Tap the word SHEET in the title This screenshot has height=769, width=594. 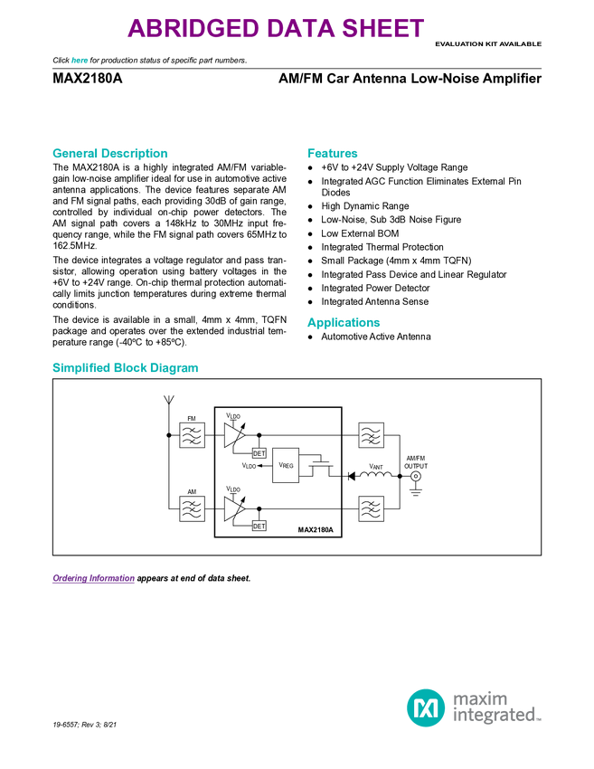click(x=381, y=29)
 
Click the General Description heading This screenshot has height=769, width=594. click(x=109, y=154)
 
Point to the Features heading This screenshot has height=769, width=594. click(x=333, y=154)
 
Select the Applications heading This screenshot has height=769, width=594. click(x=344, y=323)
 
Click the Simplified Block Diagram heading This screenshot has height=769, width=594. click(x=125, y=368)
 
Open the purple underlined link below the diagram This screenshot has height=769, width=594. click(x=93, y=579)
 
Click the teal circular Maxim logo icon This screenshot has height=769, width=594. click(x=425, y=707)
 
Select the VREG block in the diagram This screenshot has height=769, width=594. click(x=286, y=465)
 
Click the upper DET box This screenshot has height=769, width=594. click(x=259, y=453)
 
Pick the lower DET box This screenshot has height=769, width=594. click(x=259, y=526)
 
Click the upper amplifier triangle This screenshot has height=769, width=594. click(x=233, y=435)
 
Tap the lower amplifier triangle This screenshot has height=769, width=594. click(x=233, y=508)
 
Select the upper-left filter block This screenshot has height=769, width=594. click(x=192, y=435)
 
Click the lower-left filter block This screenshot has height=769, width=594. click(x=192, y=508)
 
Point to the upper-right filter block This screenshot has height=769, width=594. click(x=371, y=435)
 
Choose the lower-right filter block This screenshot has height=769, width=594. click(x=371, y=508)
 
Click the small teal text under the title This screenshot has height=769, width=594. click(x=79, y=61)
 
